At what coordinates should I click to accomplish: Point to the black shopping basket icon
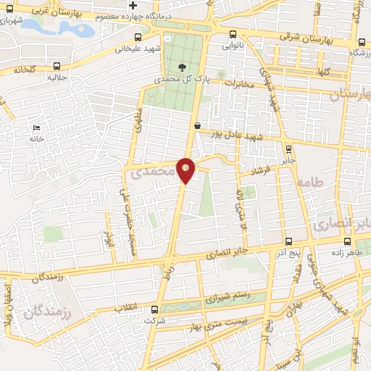point(197,125)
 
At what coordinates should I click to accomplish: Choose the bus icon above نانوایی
point(232,34)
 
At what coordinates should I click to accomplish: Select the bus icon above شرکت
point(153,309)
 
